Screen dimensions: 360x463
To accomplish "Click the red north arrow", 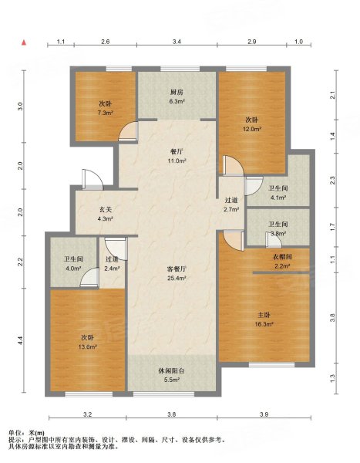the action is pos(24,42).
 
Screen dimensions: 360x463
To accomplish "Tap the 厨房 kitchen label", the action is pos(177,92).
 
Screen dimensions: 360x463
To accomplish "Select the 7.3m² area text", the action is pos(106,113).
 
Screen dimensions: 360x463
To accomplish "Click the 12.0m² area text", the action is pos(252,129).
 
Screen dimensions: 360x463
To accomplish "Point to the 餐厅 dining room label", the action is pos(177,152).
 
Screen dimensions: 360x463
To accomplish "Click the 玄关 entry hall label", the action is pos(106,210).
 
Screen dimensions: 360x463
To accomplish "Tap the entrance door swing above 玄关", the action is pos(93,180).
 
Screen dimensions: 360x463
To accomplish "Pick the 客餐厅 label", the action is pos(177,269).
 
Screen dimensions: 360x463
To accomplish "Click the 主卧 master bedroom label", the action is pos(264,315).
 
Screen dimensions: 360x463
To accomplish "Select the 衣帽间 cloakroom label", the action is pos(282,257).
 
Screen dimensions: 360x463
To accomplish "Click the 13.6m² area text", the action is pos(88,347).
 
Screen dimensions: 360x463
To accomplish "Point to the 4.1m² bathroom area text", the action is pos(278,198).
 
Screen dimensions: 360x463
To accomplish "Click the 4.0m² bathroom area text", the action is pos(73,269).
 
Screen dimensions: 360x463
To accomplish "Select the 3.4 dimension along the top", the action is pos(177,42).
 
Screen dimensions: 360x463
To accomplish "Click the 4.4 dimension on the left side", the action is pos(20,340).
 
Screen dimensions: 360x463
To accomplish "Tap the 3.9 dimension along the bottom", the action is pos(264,414).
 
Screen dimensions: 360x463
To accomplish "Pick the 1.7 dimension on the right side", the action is pos(332,227).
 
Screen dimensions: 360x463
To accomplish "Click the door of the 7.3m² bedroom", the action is pos(128,131).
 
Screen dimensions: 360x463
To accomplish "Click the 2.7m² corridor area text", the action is pos(231,209).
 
